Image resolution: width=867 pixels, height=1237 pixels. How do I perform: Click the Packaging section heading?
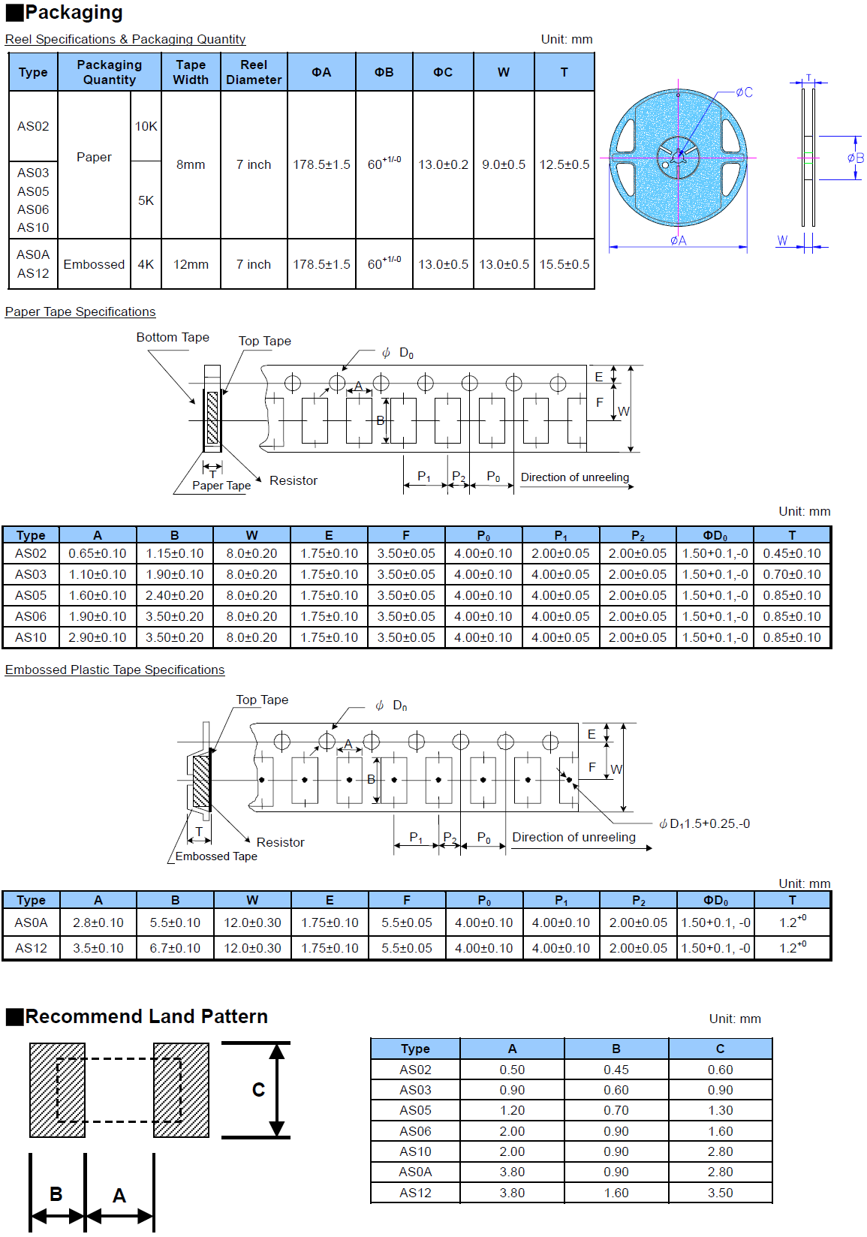(74, 13)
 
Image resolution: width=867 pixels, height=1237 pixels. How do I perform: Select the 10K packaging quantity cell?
(146, 126)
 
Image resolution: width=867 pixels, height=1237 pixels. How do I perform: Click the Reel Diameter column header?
(254, 72)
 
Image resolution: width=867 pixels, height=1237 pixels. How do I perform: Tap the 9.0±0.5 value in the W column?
(504, 164)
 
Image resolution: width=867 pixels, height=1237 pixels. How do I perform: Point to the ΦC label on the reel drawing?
(744, 92)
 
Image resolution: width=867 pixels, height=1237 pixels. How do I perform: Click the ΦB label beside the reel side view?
(855, 158)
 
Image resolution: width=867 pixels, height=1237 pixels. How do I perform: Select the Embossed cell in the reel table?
(94, 264)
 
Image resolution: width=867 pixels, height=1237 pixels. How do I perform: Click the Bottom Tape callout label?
(173, 338)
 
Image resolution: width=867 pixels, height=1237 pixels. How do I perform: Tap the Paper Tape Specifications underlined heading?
(80, 312)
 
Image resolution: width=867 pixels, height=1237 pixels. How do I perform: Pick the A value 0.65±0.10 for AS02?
(98, 554)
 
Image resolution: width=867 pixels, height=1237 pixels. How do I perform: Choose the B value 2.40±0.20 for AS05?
(175, 596)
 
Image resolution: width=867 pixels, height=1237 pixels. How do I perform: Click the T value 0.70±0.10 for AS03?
(792, 575)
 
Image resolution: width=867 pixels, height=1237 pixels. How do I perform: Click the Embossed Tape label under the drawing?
(216, 856)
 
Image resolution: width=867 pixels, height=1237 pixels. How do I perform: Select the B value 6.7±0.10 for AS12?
(175, 949)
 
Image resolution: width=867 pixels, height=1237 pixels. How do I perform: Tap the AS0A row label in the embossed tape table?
(31, 923)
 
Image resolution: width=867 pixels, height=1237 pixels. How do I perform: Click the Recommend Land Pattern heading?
(146, 1017)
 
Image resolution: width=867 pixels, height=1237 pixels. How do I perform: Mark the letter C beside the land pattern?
(258, 1090)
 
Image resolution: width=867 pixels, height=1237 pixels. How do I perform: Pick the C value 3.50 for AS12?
(720, 1193)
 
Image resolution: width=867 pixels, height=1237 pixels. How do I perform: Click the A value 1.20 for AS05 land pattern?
(512, 1111)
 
